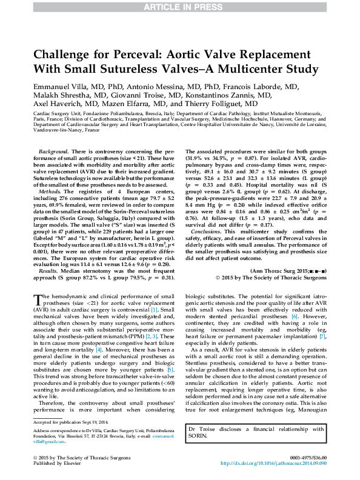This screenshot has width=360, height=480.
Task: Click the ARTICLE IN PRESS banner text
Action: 179,7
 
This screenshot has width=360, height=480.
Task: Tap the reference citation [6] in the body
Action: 295,316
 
